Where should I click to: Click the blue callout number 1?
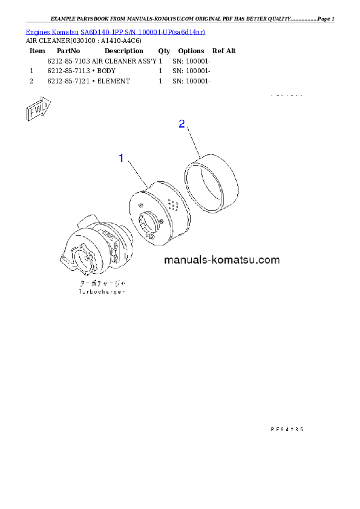tap(121, 158)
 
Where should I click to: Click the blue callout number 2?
tap(182, 124)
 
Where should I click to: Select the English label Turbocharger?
tap(102, 291)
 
